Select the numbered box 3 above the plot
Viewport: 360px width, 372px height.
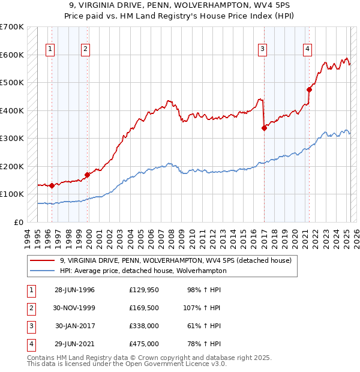tap(262, 50)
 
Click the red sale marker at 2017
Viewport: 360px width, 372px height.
tap(264, 127)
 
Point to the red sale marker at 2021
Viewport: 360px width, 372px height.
tap(309, 89)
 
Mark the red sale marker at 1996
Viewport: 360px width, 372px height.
tap(52, 185)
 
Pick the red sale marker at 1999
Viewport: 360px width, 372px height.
tap(88, 175)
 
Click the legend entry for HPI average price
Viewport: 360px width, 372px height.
tap(143, 271)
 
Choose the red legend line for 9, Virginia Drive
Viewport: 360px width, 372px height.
tap(41, 261)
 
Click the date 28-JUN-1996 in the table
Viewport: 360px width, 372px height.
tap(74, 290)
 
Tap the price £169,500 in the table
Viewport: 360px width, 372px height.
tap(144, 308)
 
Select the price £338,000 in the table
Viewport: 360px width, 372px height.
tap(144, 326)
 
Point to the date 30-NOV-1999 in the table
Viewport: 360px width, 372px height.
tap(74, 308)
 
